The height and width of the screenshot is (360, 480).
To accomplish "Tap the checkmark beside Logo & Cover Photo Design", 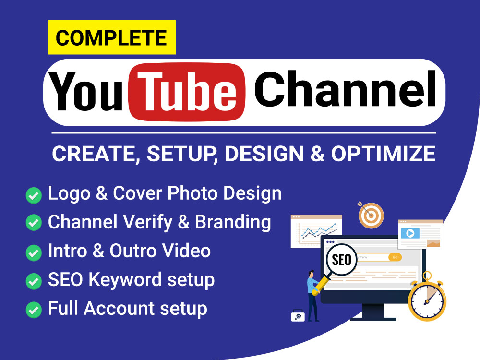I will [34, 195].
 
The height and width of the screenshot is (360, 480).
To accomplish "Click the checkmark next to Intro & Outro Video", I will [34, 252].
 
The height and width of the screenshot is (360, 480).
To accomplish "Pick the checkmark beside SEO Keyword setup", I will [34, 280].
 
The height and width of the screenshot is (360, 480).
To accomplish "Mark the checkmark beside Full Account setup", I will [34, 309].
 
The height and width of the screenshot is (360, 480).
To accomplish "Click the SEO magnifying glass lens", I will [342, 261].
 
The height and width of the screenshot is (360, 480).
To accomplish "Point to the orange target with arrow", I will [371, 215].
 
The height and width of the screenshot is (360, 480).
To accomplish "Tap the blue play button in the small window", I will [410, 234].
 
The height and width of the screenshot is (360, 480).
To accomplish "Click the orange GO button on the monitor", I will [395, 257].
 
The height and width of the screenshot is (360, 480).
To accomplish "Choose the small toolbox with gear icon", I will [297, 316].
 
